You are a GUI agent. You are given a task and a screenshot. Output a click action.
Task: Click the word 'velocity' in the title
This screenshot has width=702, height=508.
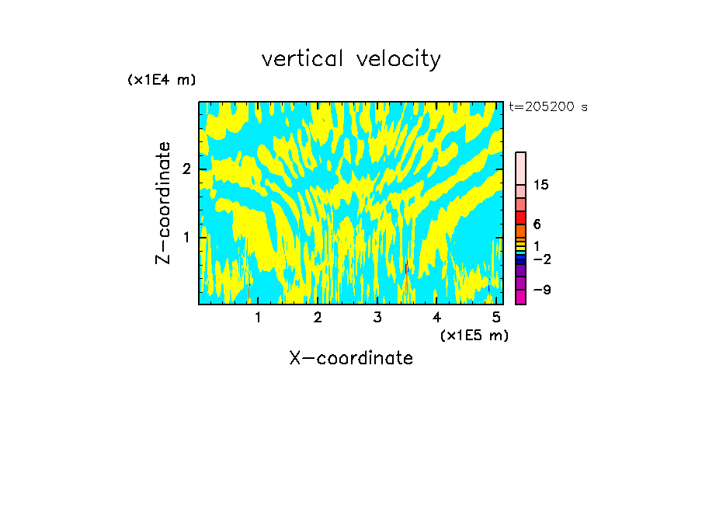click(399, 60)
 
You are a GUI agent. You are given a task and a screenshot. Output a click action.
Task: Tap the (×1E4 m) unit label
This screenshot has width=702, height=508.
click(162, 80)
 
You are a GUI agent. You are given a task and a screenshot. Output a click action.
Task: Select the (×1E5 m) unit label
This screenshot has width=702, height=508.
click(474, 335)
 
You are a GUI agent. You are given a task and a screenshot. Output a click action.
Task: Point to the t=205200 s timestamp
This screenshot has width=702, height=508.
click(548, 107)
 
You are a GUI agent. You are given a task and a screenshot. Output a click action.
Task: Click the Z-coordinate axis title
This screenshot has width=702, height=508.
click(163, 203)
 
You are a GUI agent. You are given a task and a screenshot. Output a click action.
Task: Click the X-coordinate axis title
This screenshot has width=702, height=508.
click(351, 358)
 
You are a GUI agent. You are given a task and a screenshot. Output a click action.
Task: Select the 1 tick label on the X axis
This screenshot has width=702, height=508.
click(258, 317)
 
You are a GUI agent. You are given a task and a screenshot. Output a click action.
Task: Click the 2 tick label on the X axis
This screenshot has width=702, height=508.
click(318, 317)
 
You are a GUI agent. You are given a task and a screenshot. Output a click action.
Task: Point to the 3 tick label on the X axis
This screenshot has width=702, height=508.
click(377, 317)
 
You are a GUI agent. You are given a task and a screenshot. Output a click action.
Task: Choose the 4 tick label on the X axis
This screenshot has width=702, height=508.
click(436, 317)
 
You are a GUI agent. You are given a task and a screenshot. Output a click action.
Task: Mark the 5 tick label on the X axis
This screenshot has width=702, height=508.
click(495, 317)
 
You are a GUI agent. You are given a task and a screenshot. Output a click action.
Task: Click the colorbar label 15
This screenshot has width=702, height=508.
click(541, 185)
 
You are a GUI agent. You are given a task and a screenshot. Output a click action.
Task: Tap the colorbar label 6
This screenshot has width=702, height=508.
click(537, 224)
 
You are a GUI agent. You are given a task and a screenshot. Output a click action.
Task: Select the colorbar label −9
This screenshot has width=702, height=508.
click(541, 290)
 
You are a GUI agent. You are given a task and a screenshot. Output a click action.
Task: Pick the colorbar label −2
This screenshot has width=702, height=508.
click(541, 259)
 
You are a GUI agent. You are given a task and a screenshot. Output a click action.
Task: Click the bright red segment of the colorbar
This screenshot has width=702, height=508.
click(520, 217)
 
